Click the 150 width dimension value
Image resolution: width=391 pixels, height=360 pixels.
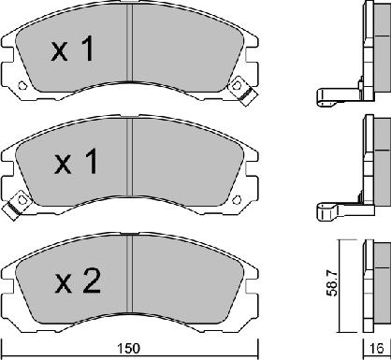pos(129,348)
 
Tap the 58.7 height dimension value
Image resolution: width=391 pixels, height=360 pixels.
pos(331,282)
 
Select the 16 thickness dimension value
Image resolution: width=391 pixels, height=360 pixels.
pos(377,348)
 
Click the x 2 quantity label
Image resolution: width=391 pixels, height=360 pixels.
pos(78,281)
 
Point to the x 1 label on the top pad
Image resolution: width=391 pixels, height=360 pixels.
pos(72,49)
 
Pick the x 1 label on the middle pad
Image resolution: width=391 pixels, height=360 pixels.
pos(76,161)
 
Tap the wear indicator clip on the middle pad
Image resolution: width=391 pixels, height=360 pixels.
pos(17,205)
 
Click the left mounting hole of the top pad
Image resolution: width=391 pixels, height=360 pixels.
pos(22,85)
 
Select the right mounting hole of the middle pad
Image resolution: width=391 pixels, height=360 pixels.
pos(237,199)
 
